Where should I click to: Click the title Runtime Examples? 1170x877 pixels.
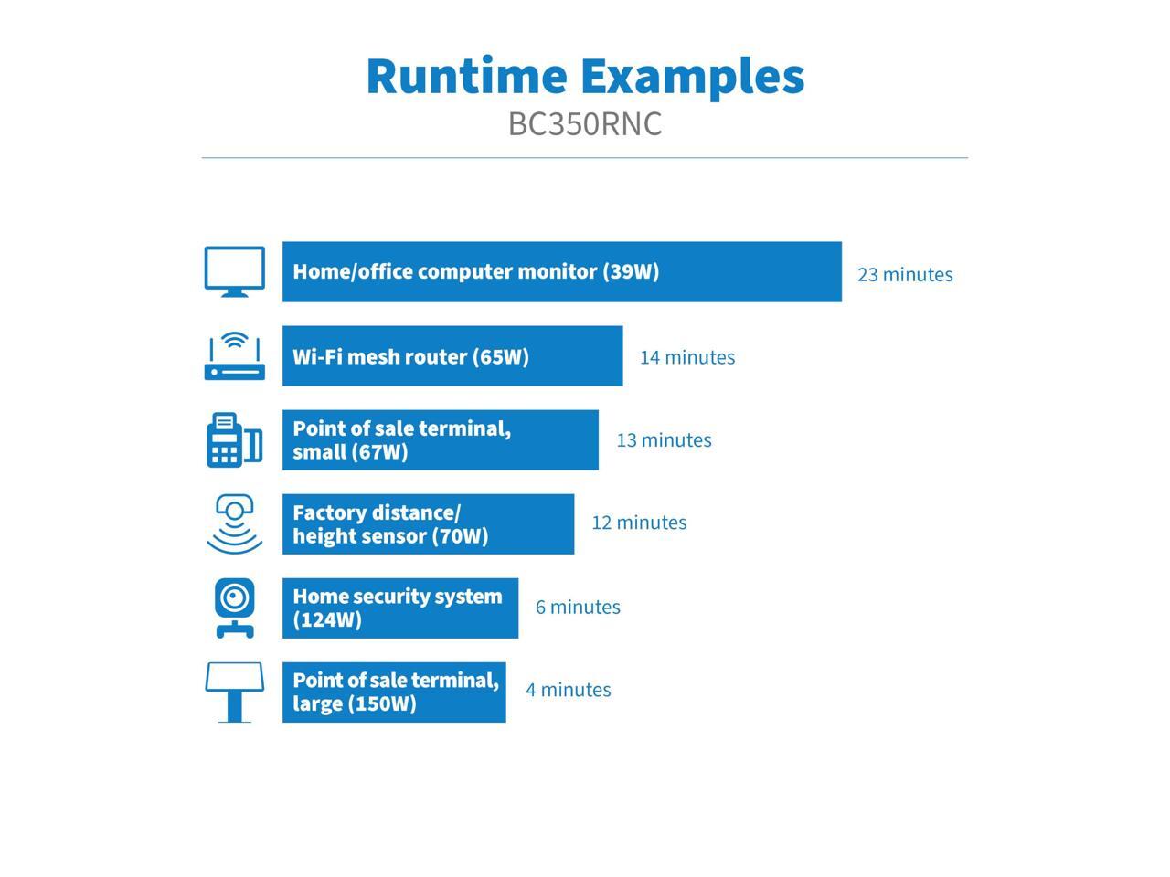point(585,76)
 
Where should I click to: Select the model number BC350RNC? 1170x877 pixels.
point(585,124)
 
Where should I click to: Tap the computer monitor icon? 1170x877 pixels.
point(235,271)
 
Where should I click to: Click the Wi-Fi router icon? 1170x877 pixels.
point(235,356)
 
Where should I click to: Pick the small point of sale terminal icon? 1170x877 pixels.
point(235,439)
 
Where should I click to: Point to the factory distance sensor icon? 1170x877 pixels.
point(235,523)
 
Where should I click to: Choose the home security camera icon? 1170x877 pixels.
point(235,608)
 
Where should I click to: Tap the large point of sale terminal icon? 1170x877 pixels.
point(235,692)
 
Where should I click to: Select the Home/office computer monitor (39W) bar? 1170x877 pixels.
point(561,271)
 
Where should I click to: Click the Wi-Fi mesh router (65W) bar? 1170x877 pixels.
point(452,356)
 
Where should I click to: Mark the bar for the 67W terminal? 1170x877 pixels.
point(440,439)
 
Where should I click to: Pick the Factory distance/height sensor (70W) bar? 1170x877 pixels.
point(428,523)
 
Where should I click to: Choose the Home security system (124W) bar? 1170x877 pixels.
point(399,608)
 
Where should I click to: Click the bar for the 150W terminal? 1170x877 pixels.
point(394,692)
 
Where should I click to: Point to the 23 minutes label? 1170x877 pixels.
point(905,275)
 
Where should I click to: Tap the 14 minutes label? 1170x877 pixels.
point(687,357)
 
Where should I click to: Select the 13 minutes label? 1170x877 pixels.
point(664,440)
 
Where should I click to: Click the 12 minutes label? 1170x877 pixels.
point(639,523)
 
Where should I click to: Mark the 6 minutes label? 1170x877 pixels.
point(578,608)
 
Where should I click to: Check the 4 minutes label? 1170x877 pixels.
point(568,690)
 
